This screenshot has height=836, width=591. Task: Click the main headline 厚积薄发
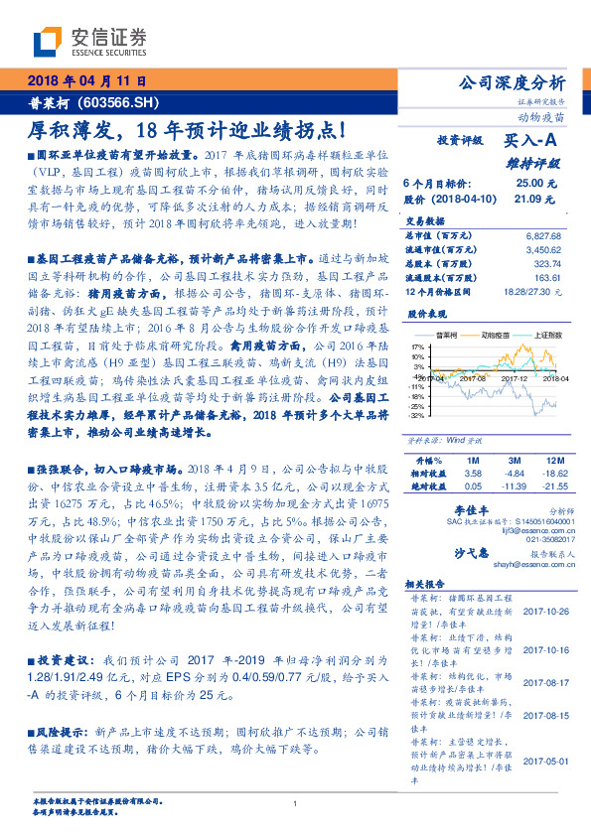tap(69, 130)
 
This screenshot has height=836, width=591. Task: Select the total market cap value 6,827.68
tap(542, 234)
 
